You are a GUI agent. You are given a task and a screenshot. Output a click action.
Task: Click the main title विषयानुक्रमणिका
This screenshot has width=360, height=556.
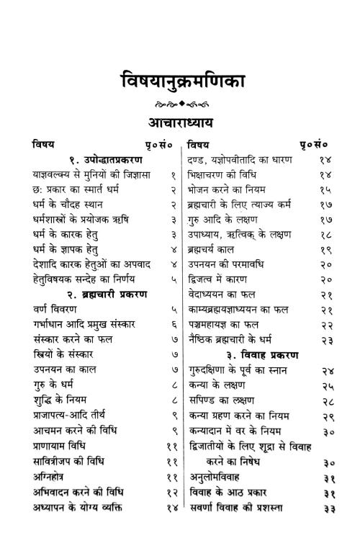point(180,81)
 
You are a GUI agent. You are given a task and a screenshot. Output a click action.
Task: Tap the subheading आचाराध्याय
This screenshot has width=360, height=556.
point(180,120)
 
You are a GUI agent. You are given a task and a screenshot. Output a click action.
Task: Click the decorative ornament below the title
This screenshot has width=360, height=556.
point(180,102)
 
